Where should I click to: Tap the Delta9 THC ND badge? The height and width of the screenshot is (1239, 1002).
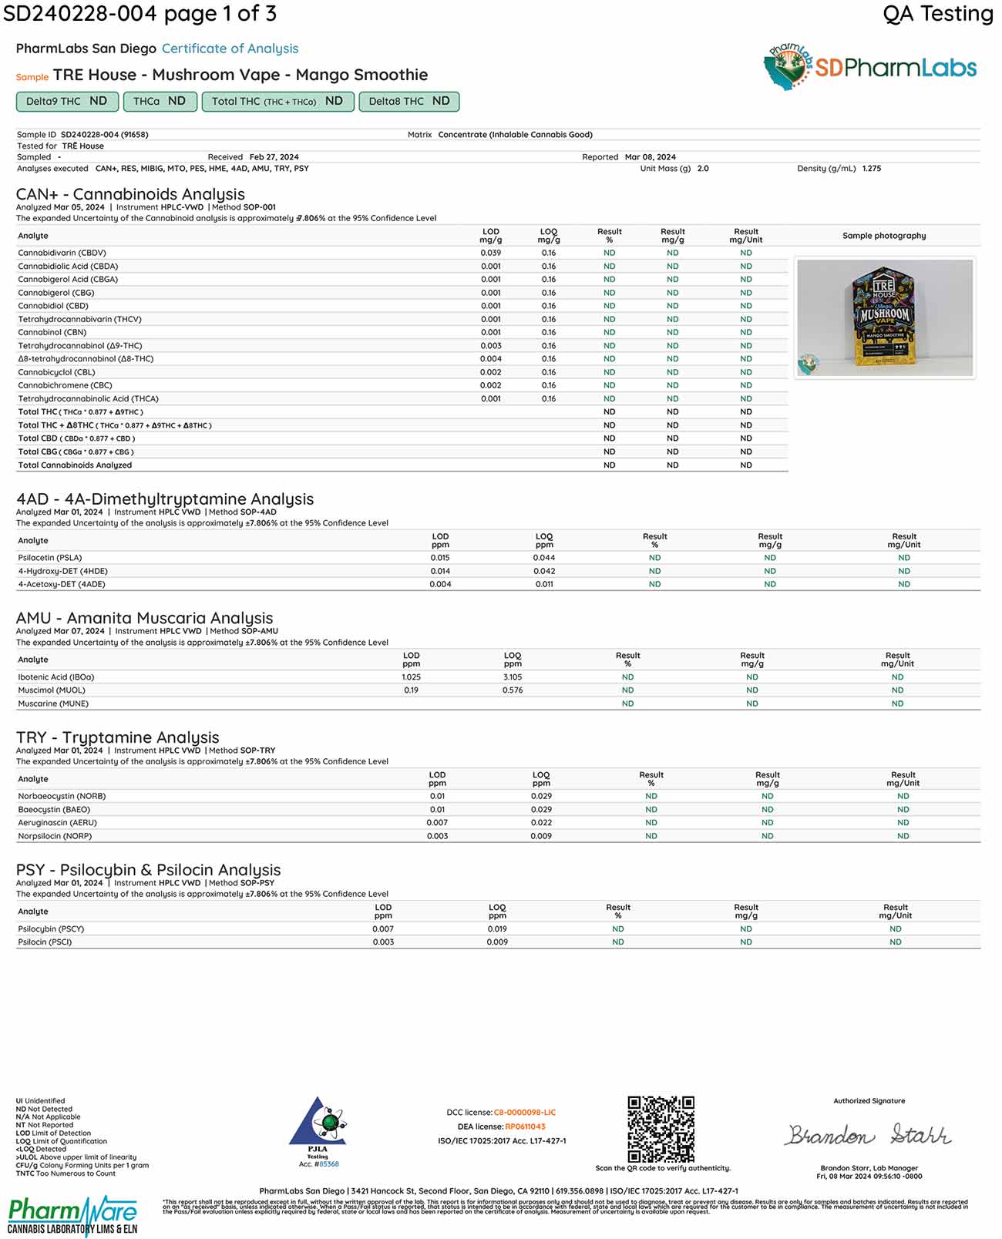pyautogui.click(x=67, y=101)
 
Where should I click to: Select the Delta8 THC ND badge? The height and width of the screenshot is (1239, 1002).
pyautogui.click(x=409, y=101)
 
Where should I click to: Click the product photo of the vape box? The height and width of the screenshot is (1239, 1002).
pyautogui.click(x=885, y=317)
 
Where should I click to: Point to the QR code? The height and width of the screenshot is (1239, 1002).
pyautogui.click(x=661, y=1129)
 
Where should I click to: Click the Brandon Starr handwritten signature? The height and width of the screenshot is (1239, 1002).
pyautogui.click(x=869, y=1135)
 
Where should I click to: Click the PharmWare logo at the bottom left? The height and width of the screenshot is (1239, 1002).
pyautogui.click(x=72, y=1215)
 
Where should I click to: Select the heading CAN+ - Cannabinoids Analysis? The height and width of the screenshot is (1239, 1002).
pyautogui.click(x=130, y=194)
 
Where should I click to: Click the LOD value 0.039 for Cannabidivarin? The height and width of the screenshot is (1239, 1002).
pyautogui.click(x=490, y=253)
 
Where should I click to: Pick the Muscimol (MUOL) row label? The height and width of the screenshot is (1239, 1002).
pyautogui.click(x=52, y=690)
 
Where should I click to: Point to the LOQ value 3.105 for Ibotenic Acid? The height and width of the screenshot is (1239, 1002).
pyautogui.click(x=513, y=677)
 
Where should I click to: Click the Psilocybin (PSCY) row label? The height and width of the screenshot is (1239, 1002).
pyautogui.click(x=51, y=929)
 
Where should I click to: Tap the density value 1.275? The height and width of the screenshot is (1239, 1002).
pyautogui.click(x=871, y=168)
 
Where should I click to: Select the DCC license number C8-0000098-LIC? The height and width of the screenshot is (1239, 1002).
pyautogui.click(x=524, y=1113)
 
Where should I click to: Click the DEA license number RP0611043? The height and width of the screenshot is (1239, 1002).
pyautogui.click(x=525, y=1127)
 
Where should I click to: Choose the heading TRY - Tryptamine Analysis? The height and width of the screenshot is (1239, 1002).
pyautogui.click(x=118, y=737)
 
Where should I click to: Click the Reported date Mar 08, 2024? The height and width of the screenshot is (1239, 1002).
pyautogui.click(x=650, y=157)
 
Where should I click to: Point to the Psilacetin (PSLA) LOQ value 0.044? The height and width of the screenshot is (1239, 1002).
pyautogui.click(x=544, y=558)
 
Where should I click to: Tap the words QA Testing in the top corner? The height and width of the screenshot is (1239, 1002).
pyautogui.click(x=937, y=14)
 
